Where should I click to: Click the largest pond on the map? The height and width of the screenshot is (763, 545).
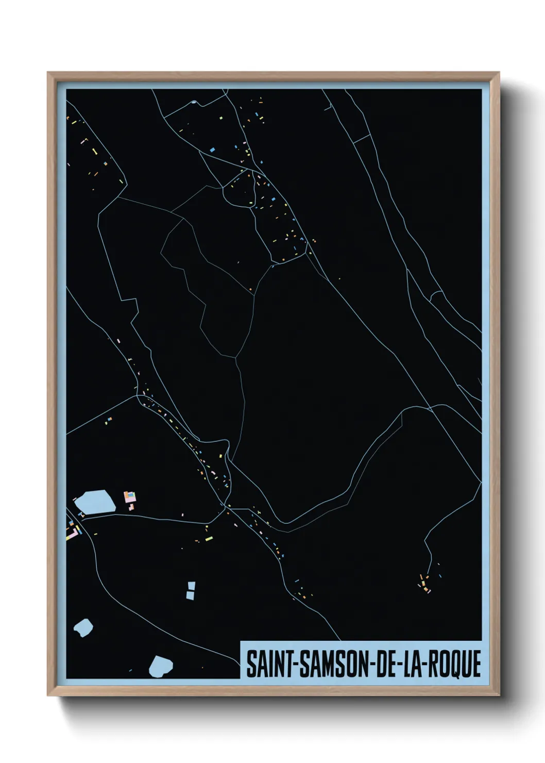[96, 502]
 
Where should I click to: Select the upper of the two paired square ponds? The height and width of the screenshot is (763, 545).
[192, 586]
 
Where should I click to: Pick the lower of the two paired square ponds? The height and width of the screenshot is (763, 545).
[191, 595]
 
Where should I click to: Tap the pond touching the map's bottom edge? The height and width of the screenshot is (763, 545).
[161, 667]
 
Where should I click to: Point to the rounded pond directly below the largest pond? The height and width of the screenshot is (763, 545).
[83, 628]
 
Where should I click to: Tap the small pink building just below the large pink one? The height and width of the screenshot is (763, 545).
[131, 507]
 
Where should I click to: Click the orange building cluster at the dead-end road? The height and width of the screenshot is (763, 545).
[424, 585]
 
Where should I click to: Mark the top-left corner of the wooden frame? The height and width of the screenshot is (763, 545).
[48, 73]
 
